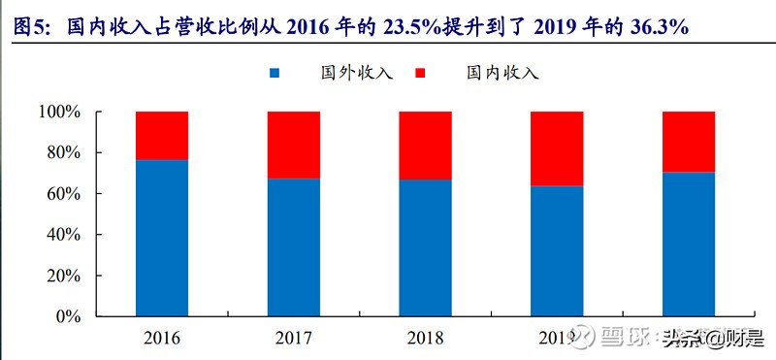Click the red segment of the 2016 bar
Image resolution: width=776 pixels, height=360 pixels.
[162, 135]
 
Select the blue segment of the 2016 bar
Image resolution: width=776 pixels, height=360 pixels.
[162, 238]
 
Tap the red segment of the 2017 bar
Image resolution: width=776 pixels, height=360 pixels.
[294, 145]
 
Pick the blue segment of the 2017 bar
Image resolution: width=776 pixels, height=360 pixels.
[294, 247]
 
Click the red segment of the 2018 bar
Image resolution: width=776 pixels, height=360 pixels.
[425, 146]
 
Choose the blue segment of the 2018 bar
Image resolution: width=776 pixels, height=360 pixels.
[425, 248]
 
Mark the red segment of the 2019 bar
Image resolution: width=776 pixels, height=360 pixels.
[557, 148]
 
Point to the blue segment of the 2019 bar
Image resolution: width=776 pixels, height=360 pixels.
[557, 251]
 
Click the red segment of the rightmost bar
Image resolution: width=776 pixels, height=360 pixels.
[689, 142]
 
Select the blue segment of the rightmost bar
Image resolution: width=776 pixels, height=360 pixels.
[689, 245]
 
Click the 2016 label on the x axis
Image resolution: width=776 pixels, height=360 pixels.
[162, 339]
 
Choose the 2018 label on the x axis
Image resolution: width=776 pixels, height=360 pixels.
[425, 339]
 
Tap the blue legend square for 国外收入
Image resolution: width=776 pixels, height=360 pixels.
[275, 74]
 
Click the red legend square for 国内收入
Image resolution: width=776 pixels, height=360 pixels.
[421, 74]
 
